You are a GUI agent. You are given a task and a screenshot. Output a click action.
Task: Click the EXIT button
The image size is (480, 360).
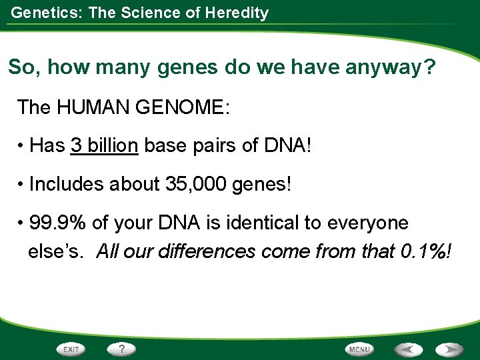coord(71,349)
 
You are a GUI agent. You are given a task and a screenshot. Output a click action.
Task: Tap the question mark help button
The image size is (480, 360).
coord(121,349)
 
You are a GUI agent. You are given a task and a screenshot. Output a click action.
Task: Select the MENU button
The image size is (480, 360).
coord(360,349)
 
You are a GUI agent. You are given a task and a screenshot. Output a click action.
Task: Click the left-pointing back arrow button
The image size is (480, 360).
coord(407,349)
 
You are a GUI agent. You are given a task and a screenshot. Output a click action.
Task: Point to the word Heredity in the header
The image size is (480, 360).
coord(238,12)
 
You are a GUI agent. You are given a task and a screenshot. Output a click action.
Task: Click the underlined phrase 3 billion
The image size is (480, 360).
coord(104,146)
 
